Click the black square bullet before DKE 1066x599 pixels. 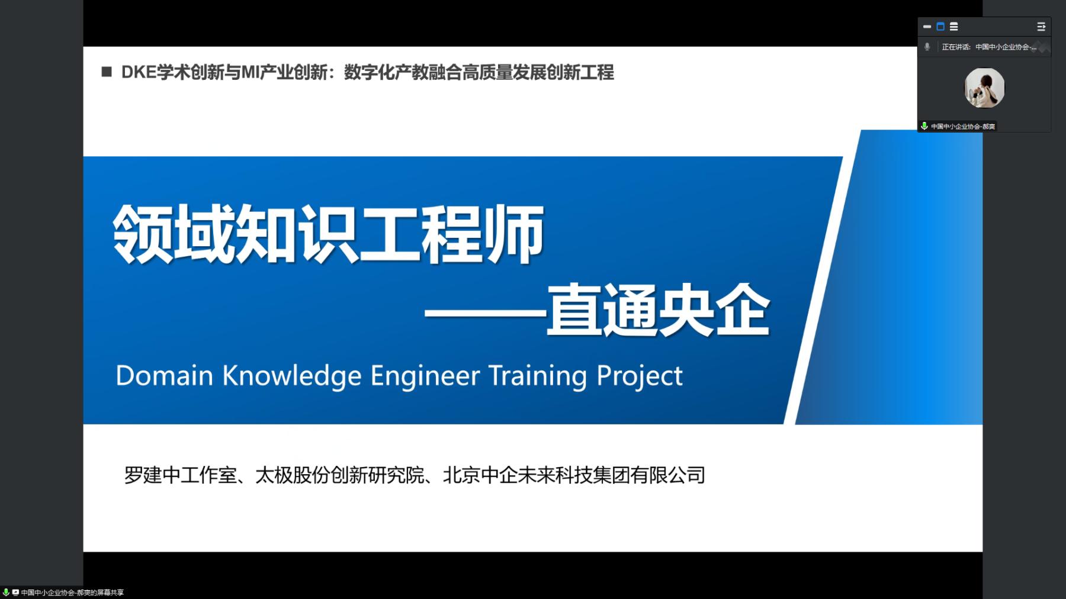pos(107,72)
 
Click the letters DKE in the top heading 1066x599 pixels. pos(139,73)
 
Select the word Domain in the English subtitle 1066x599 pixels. pos(164,376)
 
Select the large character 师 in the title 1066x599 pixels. pos(514,234)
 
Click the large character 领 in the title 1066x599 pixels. pos(144,234)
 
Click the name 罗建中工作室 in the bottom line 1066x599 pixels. pos(180,475)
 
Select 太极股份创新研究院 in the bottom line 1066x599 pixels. pos(340,475)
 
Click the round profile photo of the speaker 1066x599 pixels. pos(984,88)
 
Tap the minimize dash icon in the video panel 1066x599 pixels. pos(927,27)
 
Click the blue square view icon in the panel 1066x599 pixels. pos(940,27)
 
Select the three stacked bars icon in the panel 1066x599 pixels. pos(953,27)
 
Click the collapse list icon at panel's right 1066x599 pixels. pos(1041,27)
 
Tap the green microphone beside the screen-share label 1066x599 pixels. pos(6,592)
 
